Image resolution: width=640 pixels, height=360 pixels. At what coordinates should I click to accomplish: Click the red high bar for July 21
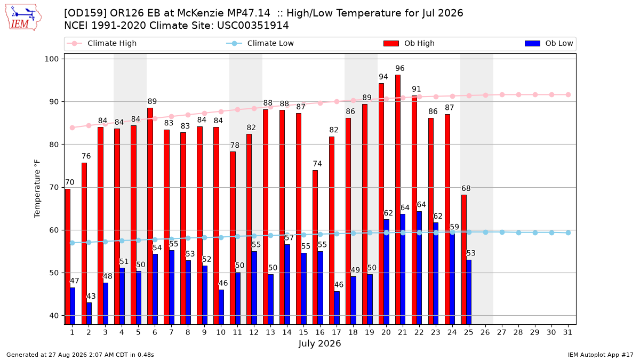pyautogui.click(x=398, y=199)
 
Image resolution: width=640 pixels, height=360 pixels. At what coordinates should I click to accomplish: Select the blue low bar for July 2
pyautogui.click(x=89, y=314)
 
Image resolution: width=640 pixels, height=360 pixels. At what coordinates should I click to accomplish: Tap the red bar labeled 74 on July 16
pyautogui.click(x=315, y=247)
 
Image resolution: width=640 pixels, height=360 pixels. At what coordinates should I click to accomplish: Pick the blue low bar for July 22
pyautogui.click(x=419, y=268)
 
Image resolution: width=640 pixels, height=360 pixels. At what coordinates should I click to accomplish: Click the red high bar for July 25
pyautogui.click(x=464, y=259)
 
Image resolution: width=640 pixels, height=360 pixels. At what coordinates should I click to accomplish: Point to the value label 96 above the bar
pyautogui.click(x=400, y=68)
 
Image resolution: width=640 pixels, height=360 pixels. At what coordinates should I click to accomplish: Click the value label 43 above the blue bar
pyautogui.click(x=91, y=296)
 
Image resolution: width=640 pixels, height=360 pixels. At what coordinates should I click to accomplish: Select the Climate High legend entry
pyautogui.click(x=102, y=43)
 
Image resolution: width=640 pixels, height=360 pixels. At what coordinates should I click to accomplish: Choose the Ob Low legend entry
pyautogui.click(x=549, y=43)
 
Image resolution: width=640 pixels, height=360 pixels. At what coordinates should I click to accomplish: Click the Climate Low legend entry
pyautogui.click(x=260, y=43)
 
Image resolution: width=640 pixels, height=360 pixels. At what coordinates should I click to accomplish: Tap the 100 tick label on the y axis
pyautogui.click(x=51, y=59)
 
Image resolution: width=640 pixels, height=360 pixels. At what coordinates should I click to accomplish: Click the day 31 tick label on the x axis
pyautogui.click(x=567, y=332)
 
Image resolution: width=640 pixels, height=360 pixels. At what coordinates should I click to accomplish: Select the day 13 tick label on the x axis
pyautogui.click(x=270, y=332)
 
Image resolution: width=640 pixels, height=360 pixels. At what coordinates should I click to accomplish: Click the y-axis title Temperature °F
pyautogui.click(x=37, y=189)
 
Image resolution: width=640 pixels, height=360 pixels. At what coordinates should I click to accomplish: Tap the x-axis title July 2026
pyautogui.click(x=319, y=343)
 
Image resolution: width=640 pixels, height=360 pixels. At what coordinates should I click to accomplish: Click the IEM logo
pyautogui.click(x=23, y=17)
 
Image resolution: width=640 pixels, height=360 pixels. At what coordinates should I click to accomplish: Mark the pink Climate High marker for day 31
pyautogui.click(x=569, y=95)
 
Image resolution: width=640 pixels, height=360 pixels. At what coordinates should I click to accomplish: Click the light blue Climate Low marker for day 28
pyautogui.click(x=518, y=233)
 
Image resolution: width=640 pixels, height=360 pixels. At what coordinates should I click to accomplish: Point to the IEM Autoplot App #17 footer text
pyautogui.click(x=601, y=355)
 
